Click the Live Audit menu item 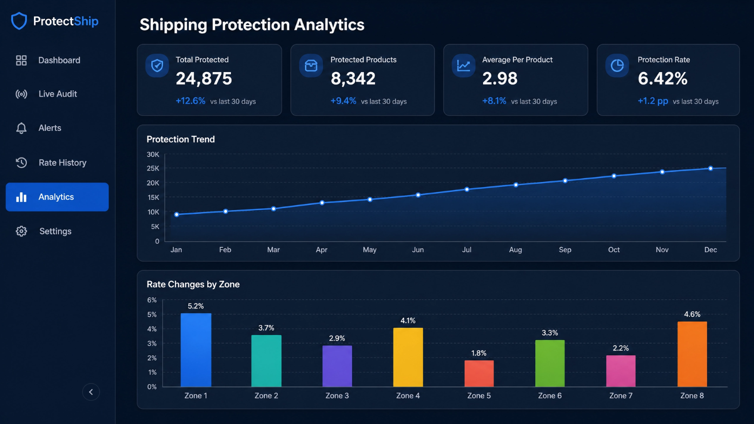(47, 94)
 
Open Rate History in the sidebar (51, 163)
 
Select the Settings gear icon (21, 231)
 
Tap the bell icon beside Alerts (21, 128)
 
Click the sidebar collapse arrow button (91, 391)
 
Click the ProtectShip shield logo (19, 21)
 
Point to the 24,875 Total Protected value (204, 78)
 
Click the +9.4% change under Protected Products (343, 101)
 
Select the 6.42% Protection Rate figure (663, 78)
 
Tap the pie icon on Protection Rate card (617, 65)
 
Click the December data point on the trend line (710, 168)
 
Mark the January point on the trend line (176, 214)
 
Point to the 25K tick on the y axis (153, 168)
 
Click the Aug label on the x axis (516, 250)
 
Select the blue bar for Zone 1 (196, 350)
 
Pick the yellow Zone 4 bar (408, 358)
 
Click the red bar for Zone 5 (479, 374)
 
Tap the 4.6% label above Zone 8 (692, 314)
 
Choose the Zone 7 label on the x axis (621, 396)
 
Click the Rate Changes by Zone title (193, 285)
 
